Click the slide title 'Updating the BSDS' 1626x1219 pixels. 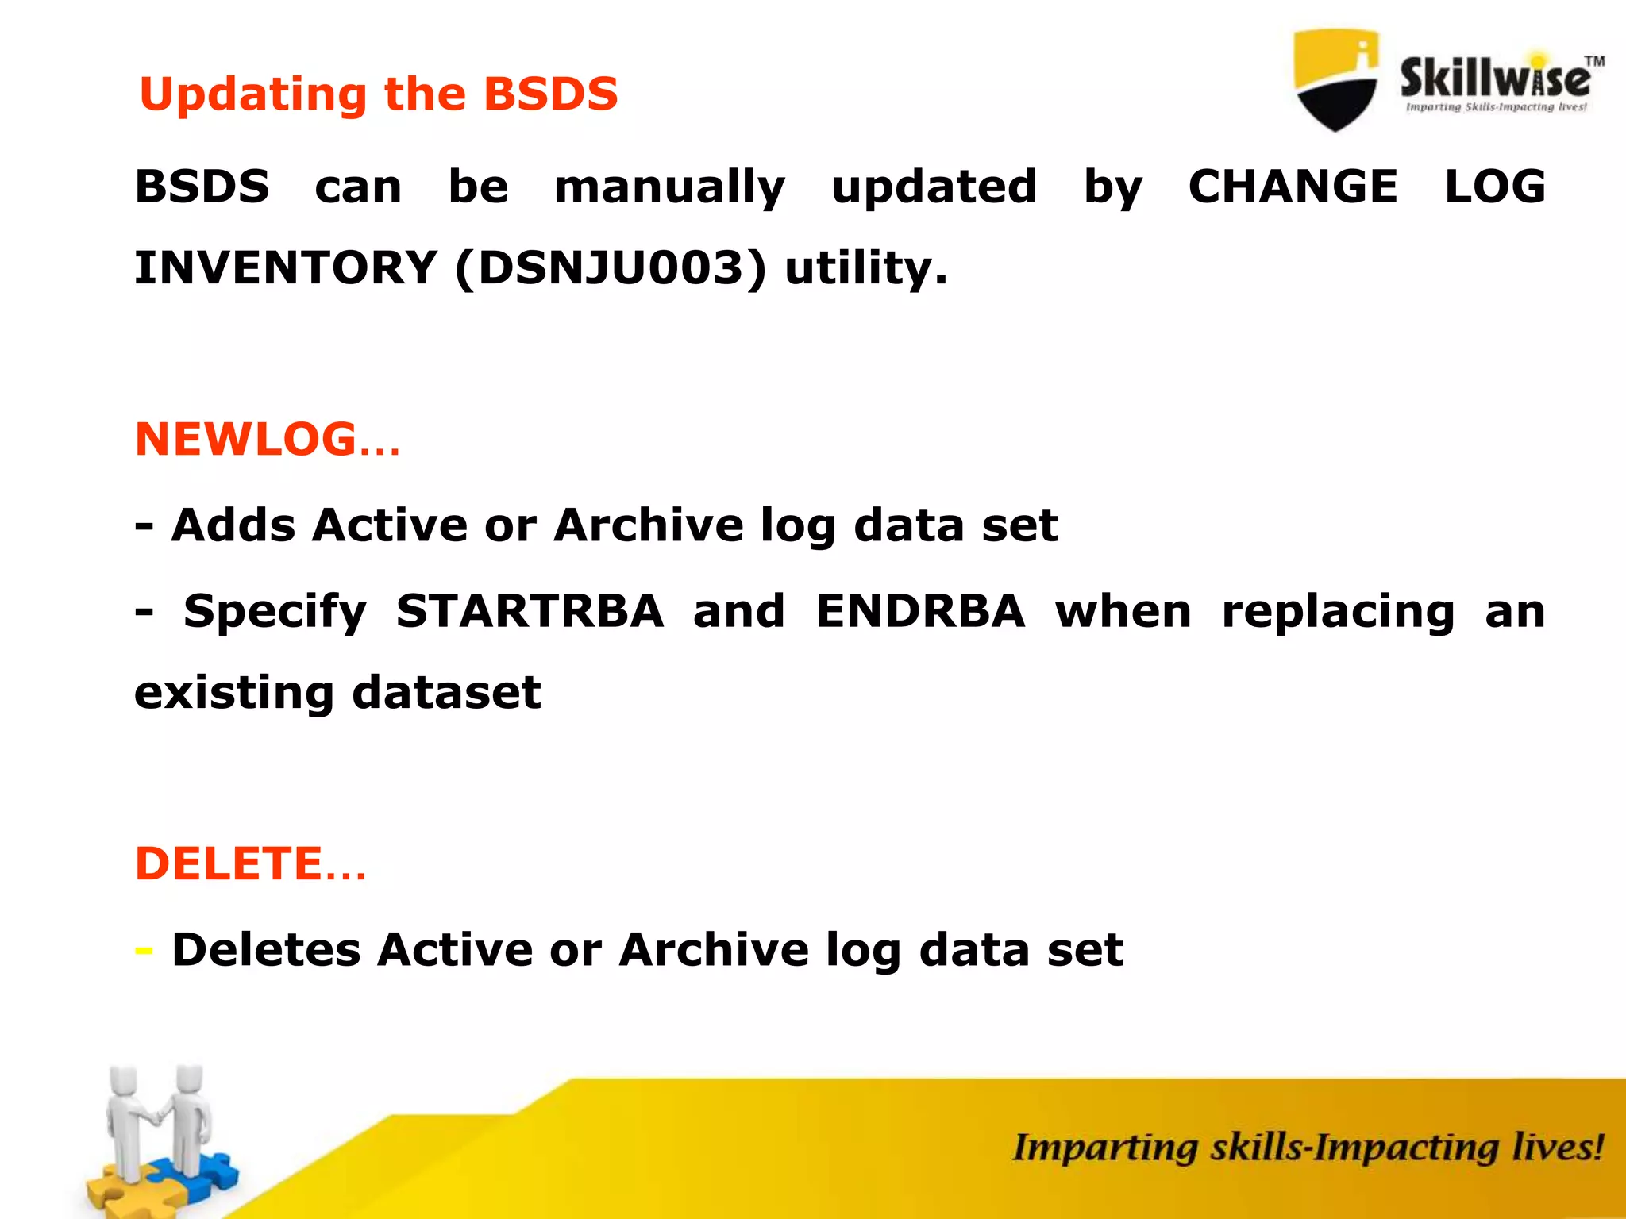378,94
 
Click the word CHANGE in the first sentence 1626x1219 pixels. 1293,187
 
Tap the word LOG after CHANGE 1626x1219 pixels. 1494,187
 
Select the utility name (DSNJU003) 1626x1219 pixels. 611,267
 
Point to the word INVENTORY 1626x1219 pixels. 286,267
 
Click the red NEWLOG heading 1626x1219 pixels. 246,439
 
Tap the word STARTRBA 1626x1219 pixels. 530,611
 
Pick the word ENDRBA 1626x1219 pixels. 920,611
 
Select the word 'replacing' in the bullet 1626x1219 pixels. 1338,613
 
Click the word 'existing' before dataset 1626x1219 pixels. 233,693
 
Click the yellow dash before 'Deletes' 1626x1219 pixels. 144,950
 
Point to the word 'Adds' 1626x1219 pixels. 233,525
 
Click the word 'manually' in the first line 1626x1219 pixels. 669,188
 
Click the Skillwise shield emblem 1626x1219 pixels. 1336,79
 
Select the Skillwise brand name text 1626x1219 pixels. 1494,79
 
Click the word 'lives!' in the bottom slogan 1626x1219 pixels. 1557,1148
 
